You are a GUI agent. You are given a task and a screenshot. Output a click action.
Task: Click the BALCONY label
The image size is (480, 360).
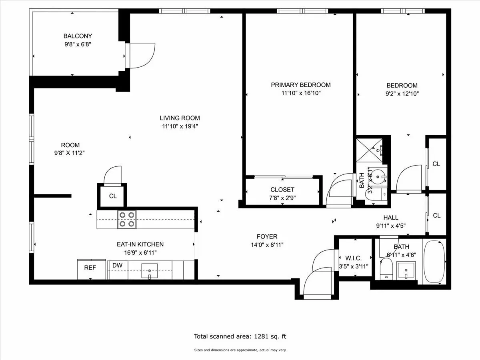(78, 36)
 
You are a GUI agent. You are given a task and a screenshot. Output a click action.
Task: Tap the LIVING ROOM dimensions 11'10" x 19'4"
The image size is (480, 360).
(180, 126)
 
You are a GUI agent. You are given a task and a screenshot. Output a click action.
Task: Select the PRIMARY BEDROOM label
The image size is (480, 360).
(300, 85)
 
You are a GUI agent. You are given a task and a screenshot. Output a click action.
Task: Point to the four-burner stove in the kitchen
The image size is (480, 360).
(126, 219)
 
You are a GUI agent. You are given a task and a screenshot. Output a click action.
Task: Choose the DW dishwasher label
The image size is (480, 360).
(117, 265)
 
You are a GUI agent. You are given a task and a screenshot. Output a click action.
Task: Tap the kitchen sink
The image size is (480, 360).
(149, 271)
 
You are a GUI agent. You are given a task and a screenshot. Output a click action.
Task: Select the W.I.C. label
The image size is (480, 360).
(354, 258)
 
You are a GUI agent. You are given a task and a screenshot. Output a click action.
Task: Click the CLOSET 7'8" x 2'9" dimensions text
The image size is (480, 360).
(282, 198)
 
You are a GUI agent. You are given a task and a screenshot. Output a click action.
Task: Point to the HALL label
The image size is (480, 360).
(390, 218)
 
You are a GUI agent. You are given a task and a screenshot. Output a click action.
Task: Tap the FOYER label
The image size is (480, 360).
(267, 237)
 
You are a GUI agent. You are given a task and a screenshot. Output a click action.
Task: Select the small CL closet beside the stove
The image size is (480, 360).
(112, 196)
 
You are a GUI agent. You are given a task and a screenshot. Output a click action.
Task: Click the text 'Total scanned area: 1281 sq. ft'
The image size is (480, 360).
(240, 336)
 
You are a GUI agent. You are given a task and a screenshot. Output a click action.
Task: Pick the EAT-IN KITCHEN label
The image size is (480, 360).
(140, 244)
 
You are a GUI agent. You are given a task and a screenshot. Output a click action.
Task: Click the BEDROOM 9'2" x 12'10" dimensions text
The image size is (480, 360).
(402, 94)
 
